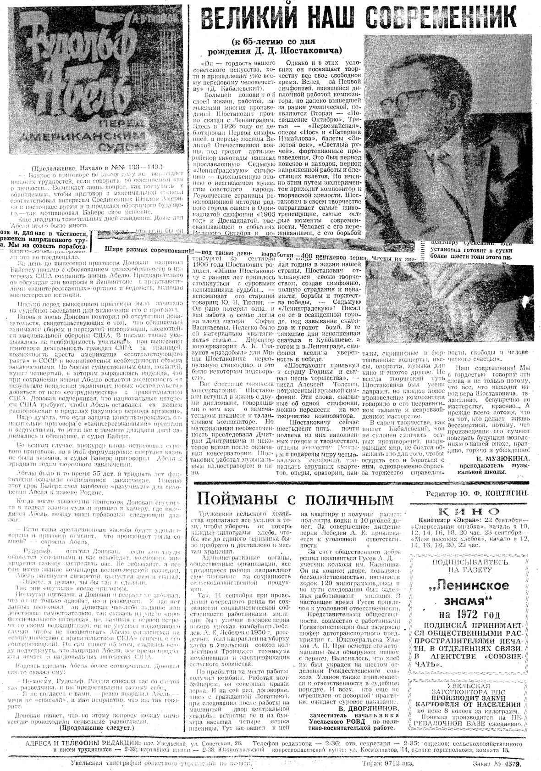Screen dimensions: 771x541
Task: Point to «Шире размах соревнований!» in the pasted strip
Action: click(149, 250)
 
